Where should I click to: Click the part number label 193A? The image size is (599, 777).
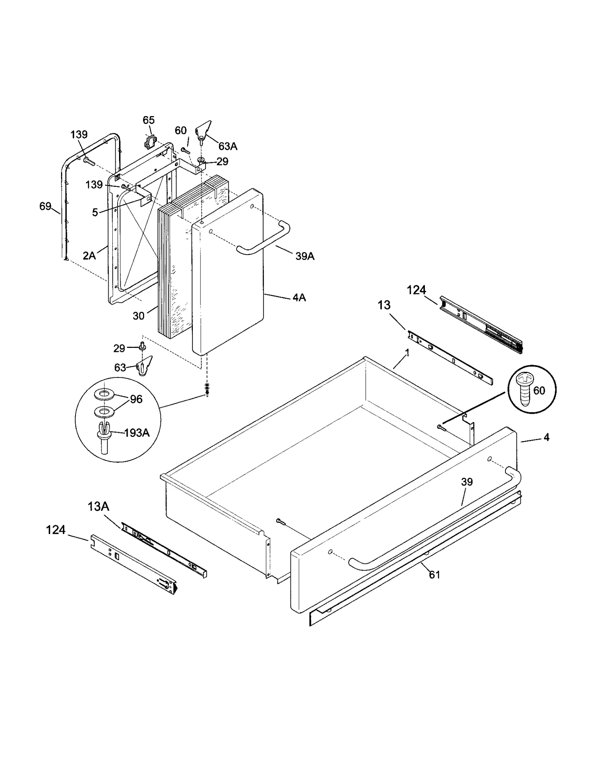(x=137, y=433)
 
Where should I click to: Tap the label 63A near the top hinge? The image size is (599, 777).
(x=228, y=146)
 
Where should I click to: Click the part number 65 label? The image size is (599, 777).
(x=149, y=120)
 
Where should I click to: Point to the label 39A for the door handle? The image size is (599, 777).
(x=305, y=256)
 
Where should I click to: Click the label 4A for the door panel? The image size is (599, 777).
(x=299, y=298)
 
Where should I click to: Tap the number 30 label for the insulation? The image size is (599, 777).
(x=139, y=316)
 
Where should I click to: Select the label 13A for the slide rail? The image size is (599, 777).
(x=98, y=507)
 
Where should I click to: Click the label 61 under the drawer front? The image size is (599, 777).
(x=434, y=574)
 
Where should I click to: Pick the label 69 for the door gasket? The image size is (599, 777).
(x=45, y=206)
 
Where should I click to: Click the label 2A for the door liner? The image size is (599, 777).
(x=89, y=256)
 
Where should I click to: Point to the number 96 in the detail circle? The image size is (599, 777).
(x=136, y=399)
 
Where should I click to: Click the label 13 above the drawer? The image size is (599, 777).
(x=384, y=305)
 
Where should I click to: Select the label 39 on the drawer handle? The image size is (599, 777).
(x=467, y=482)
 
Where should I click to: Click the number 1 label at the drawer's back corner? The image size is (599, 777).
(x=407, y=353)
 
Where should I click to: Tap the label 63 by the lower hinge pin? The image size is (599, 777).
(x=120, y=368)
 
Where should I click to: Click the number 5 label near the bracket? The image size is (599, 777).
(x=95, y=213)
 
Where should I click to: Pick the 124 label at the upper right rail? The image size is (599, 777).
(x=416, y=290)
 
